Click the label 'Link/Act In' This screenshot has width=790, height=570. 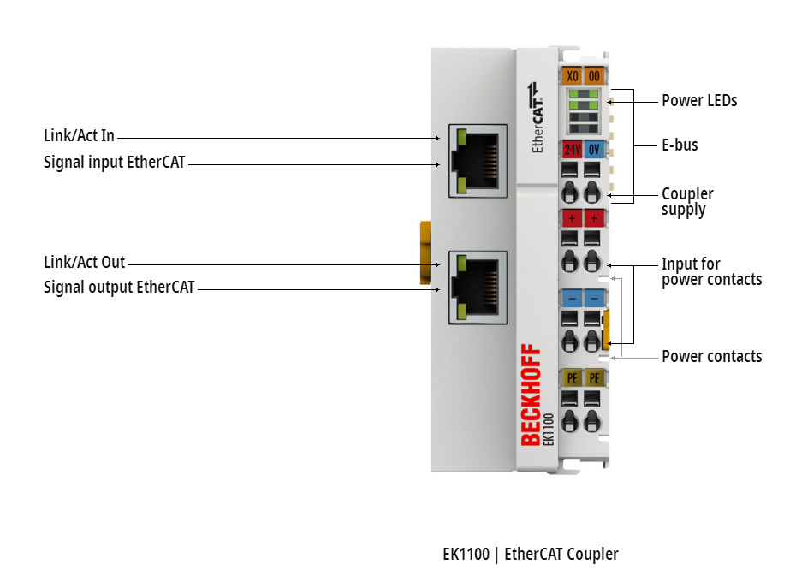79,136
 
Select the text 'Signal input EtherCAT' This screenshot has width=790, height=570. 115,161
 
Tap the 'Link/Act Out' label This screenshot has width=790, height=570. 84,262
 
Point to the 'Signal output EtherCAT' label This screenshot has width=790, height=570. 119,287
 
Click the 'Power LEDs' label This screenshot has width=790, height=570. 699,100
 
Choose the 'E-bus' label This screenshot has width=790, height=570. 680,145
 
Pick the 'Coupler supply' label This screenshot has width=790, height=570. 687,201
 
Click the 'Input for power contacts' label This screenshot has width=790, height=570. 711,271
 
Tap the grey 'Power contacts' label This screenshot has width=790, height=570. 711,356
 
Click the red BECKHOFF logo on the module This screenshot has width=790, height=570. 531,394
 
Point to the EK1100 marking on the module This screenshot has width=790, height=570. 549,429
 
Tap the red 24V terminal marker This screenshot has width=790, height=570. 572,149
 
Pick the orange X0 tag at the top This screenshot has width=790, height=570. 573,76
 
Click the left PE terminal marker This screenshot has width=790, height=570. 572,377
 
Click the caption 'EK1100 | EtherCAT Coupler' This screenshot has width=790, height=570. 530,554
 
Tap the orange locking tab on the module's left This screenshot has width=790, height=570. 424,252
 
